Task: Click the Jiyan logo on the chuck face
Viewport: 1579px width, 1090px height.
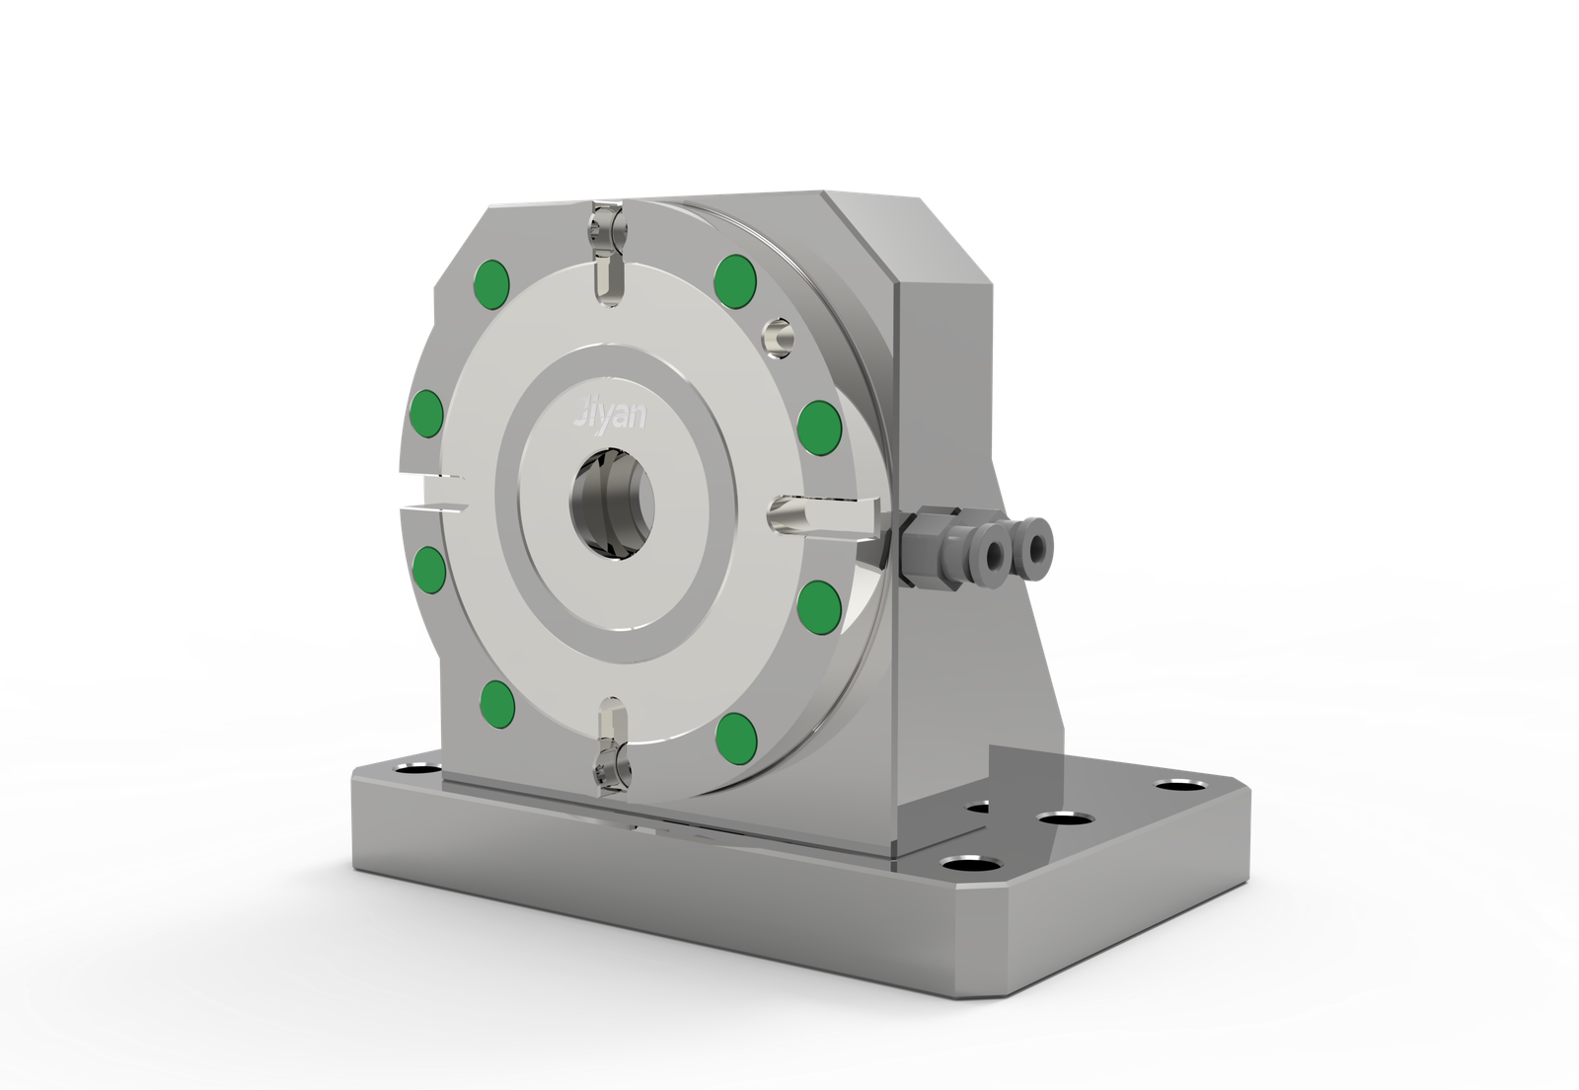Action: (609, 416)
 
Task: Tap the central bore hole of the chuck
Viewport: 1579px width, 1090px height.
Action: (612, 505)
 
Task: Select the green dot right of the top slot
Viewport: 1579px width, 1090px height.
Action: (735, 280)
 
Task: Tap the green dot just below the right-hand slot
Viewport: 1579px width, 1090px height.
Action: (819, 605)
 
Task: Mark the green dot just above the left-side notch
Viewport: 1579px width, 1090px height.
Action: (426, 413)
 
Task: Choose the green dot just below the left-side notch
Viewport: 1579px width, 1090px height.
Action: (429, 569)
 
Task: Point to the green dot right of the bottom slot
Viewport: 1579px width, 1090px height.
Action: (736, 734)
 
